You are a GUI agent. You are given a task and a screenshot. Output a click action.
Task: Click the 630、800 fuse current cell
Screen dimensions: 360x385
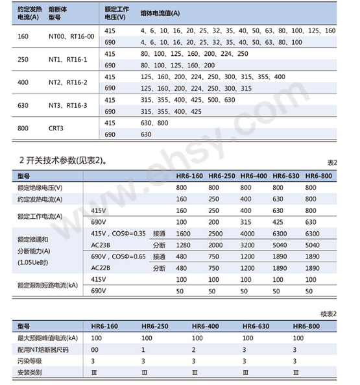154,123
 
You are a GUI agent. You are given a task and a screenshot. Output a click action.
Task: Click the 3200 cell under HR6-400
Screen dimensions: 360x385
249,245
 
